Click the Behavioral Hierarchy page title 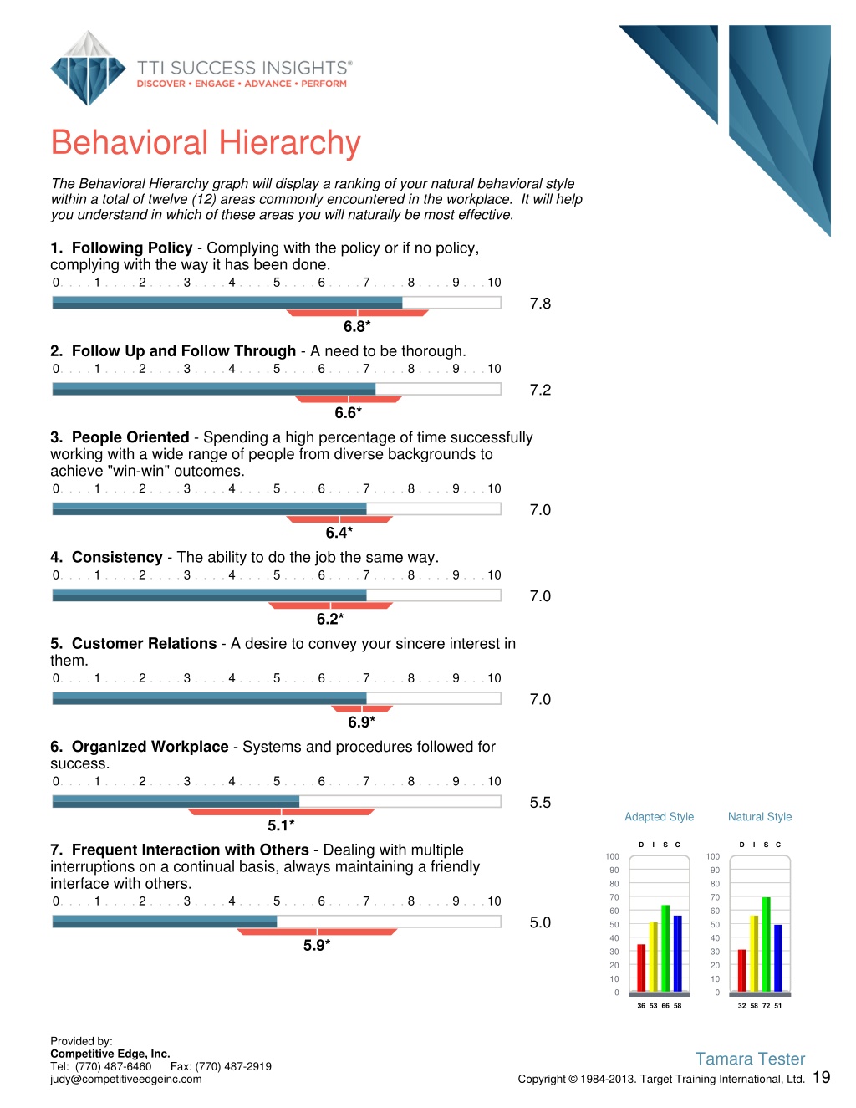point(206,143)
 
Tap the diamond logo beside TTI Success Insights point(88,69)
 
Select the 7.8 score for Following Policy point(540,304)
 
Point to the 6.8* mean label point(357,327)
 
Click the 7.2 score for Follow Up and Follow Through point(540,390)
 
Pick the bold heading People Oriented point(130,437)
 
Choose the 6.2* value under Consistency point(330,620)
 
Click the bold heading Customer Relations point(144,644)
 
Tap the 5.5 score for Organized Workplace point(540,803)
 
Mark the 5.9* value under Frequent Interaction point(317,946)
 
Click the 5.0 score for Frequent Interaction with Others point(540,923)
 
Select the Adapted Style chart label point(659,817)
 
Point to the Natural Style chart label point(760,817)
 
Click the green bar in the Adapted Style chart point(665,948)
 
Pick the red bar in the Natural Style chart point(741,970)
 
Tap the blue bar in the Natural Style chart point(778,958)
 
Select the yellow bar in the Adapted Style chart point(654,957)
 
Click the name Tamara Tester point(750,1059)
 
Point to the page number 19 point(822,1078)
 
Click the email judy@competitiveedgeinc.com point(125,1080)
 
